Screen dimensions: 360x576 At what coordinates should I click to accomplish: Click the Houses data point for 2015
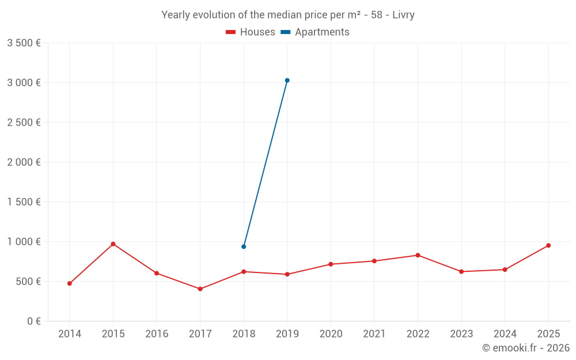(113, 244)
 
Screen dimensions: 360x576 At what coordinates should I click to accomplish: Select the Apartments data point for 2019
(287, 81)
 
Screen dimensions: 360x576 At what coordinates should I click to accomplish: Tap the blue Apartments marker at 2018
(244, 247)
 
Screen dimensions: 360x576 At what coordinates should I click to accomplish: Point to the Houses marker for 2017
(200, 289)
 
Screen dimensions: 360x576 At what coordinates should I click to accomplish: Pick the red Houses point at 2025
(548, 245)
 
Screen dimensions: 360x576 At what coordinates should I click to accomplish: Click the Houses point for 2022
(418, 255)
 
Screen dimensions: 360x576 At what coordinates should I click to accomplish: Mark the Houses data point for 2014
(69, 283)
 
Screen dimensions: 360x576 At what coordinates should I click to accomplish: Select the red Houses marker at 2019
(287, 274)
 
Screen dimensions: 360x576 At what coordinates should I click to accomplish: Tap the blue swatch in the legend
(286, 32)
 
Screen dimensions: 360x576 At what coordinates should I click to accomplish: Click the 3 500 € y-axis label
(24, 43)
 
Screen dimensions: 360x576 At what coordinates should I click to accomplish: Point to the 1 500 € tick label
(24, 202)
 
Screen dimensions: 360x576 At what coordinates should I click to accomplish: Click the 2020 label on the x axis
(331, 334)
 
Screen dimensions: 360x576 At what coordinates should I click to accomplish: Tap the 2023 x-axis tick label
(461, 334)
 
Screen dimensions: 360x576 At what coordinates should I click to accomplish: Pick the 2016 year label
(157, 334)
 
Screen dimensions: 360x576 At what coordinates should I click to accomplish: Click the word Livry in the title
(403, 15)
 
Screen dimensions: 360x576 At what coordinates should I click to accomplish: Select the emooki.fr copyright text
(525, 348)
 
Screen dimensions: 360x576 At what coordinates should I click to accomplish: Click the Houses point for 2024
(505, 270)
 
